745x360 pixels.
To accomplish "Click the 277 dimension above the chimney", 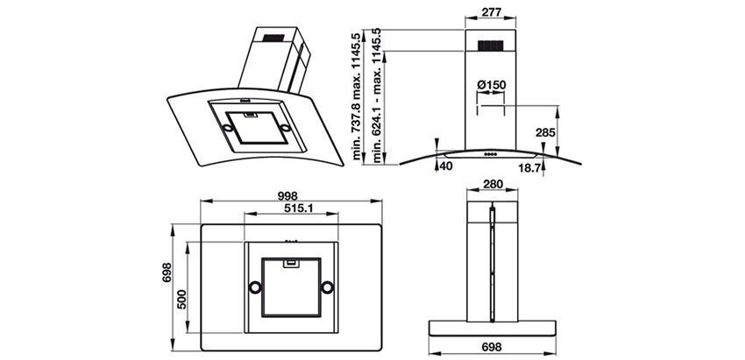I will point(492,14).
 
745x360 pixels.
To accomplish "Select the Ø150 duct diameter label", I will point(493,85).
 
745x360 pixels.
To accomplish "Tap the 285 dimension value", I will point(545,133).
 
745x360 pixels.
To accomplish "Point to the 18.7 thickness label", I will point(527,166).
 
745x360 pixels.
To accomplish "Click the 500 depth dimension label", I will point(181,298).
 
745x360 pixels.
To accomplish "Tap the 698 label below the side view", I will point(492,348).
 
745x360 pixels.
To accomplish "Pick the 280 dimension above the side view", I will point(492,185).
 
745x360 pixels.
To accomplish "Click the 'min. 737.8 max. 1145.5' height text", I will point(358,98).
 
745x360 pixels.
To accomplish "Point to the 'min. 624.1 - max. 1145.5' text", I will point(378,98).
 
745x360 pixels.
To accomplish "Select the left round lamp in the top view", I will point(253,287).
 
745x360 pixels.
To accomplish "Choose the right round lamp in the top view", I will point(327,287).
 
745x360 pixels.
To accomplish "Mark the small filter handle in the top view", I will point(290,260).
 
